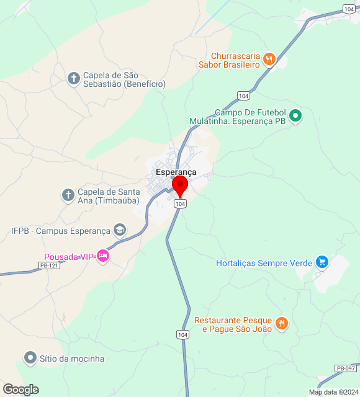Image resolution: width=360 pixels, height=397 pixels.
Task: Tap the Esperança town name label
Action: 176,171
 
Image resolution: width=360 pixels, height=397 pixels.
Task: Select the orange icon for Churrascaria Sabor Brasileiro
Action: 269,60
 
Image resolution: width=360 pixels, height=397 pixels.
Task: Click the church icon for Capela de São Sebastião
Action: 74,78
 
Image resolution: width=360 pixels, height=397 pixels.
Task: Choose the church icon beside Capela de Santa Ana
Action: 68,195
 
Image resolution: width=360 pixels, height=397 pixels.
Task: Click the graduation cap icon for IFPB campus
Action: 119,231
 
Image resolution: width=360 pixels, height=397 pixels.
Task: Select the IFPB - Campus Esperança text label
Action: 60,231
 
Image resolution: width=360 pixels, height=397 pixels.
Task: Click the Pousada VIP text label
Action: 69,257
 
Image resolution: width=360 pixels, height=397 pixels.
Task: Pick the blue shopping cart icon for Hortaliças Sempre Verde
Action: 322,262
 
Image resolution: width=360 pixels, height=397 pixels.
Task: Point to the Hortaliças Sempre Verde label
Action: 264,263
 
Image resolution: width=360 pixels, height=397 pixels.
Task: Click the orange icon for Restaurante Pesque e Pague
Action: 281,323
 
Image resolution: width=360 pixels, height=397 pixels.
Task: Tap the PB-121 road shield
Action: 48,265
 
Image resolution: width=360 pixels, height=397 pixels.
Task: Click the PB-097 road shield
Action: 346,368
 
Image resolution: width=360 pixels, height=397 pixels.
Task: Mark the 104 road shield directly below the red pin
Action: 180,204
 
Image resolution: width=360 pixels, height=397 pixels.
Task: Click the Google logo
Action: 20,390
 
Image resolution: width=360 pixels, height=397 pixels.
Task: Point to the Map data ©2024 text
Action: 334,392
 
